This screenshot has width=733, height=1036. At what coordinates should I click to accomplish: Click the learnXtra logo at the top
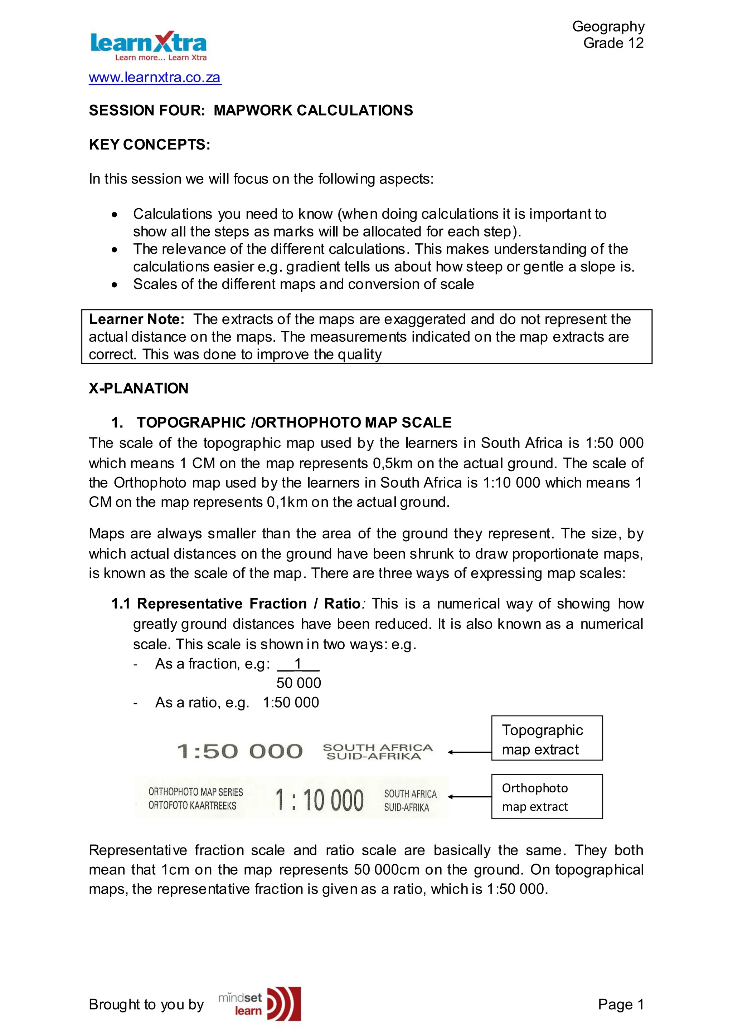pyautogui.click(x=148, y=45)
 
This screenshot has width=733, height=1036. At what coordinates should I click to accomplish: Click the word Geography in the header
pyautogui.click(x=608, y=26)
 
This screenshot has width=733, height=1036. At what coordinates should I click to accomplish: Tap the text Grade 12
pyautogui.click(x=613, y=43)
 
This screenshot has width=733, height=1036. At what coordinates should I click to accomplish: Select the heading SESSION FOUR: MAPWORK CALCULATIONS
pyautogui.click(x=251, y=111)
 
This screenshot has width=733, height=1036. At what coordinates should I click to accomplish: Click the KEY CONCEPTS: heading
pyautogui.click(x=149, y=145)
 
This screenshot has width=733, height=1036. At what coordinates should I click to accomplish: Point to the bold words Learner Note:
pyautogui.click(x=136, y=319)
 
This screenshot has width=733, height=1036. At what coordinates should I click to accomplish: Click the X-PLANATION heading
pyautogui.click(x=138, y=388)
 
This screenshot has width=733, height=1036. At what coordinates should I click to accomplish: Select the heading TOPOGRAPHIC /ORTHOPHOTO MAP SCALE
pyautogui.click(x=294, y=422)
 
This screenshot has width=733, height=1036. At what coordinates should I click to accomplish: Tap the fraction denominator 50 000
pyautogui.click(x=298, y=683)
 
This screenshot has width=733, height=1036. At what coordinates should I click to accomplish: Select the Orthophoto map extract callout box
pyautogui.click(x=547, y=797)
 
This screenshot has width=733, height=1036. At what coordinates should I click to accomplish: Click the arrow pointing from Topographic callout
pyautogui.click(x=470, y=752)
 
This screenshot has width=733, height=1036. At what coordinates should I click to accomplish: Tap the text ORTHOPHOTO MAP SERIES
pyautogui.click(x=195, y=792)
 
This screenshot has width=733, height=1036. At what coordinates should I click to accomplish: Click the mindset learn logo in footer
pyautogui.click(x=260, y=1005)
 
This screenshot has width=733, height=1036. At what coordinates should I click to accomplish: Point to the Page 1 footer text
pyautogui.click(x=621, y=1005)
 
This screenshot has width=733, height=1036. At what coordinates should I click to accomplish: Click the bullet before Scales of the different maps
pyautogui.click(x=115, y=285)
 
